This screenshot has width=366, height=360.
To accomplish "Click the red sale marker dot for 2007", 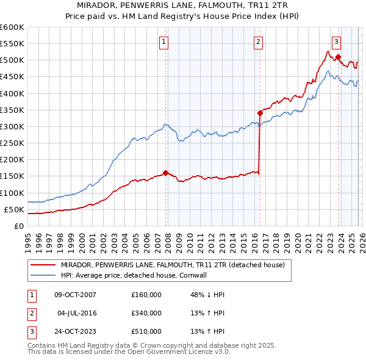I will (x=165, y=173).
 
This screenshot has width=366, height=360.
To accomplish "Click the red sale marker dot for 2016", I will (x=260, y=113).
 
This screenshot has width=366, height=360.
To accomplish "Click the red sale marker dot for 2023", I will (x=339, y=57).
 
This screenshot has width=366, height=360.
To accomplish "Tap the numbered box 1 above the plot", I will (x=165, y=42).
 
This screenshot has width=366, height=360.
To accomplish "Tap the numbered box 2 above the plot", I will (x=259, y=42).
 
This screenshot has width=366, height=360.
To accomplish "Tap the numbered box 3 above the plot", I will (x=336, y=42).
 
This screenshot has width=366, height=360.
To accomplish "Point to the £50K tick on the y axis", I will (x=14, y=209).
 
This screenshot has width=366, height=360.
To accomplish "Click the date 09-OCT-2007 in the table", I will (x=75, y=295).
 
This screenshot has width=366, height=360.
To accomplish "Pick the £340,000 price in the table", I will (x=146, y=313).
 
